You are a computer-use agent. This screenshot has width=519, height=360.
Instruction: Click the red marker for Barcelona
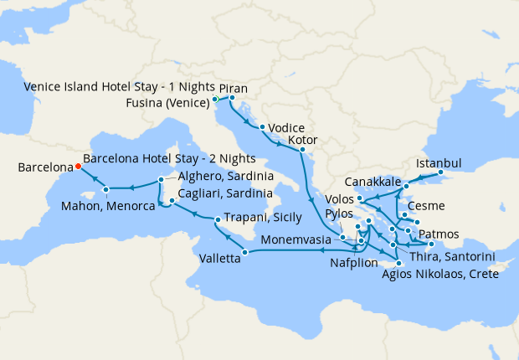click(77, 166)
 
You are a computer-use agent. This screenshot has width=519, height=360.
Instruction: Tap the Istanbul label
click(439, 162)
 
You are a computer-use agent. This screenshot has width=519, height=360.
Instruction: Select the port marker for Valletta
click(244, 252)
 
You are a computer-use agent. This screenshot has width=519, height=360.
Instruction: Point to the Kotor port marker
click(302, 151)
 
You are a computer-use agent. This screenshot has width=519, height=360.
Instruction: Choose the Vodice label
click(286, 128)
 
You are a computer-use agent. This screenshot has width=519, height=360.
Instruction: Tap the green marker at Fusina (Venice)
click(216, 100)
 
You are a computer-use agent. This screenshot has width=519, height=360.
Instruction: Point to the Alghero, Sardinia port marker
click(161, 180)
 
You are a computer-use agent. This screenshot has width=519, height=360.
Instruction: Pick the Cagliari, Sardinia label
click(227, 193)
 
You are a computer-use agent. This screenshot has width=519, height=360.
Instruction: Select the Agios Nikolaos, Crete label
click(439, 274)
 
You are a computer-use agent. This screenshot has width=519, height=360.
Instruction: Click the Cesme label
click(426, 206)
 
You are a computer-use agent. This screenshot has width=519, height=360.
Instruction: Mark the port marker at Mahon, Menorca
click(106, 190)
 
